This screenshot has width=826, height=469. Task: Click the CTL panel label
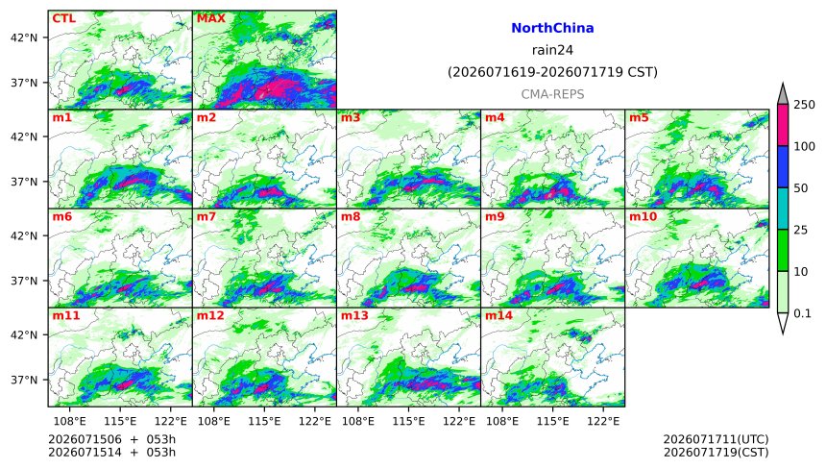pyautogui.click(x=63, y=18)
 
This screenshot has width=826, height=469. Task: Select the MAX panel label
pyautogui.click(x=210, y=18)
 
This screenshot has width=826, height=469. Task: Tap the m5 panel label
pyautogui.click(x=639, y=117)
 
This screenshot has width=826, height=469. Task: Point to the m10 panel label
pyautogui.click(x=643, y=216)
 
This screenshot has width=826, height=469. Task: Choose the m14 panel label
pyautogui.click(x=498, y=315)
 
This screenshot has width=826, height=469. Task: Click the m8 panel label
pyautogui.click(x=351, y=216)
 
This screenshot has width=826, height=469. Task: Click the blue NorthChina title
pyautogui.click(x=552, y=28)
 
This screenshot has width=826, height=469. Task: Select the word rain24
pyautogui.click(x=552, y=50)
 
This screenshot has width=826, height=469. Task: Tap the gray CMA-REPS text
pyautogui.click(x=552, y=94)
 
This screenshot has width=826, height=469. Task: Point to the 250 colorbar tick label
pyautogui.click(x=805, y=105)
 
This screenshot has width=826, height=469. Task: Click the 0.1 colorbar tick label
pyautogui.click(x=802, y=313)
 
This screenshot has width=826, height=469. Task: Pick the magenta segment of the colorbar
pyautogui.click(x=783, y=125)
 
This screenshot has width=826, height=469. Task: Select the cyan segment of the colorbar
pyautogui.click(x=783, y=209)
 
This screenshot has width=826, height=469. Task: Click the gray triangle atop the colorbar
pyautogui.click(x=783, y=96)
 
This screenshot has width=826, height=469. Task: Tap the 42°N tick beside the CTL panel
pyautogui.click(x=24, y=37)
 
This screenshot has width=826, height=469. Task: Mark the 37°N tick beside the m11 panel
pyautogui.click(x=24, y=380)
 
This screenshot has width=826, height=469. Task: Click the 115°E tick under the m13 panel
pyautogui.click(x=408, y=421)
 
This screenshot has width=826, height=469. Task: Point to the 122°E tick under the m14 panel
pyautogui.click(x=603, y=421)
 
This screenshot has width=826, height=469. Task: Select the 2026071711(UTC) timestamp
pyautogui.click(x=716, y=439)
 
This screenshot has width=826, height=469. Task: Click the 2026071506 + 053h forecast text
pyautogui.click(x=111, y=439)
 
